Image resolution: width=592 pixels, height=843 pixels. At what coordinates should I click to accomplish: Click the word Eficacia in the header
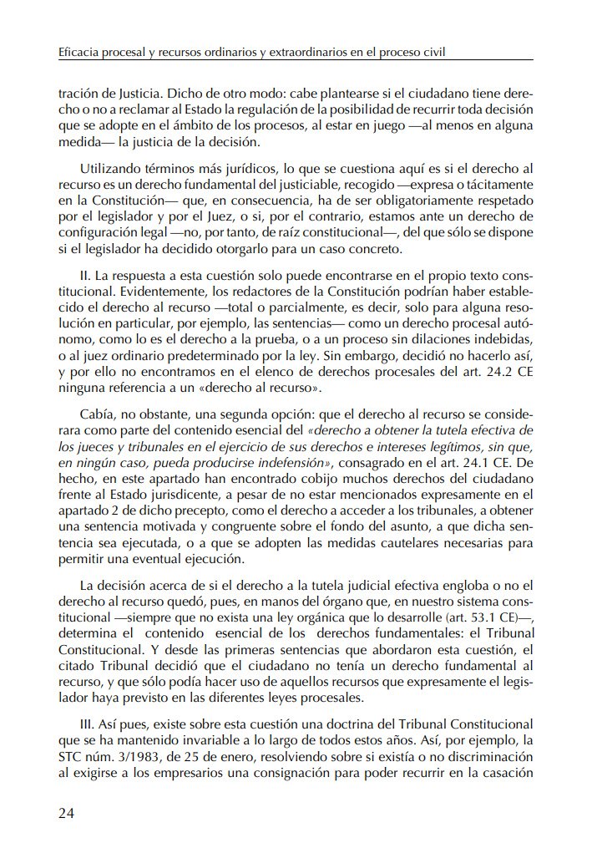pos(79,52)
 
